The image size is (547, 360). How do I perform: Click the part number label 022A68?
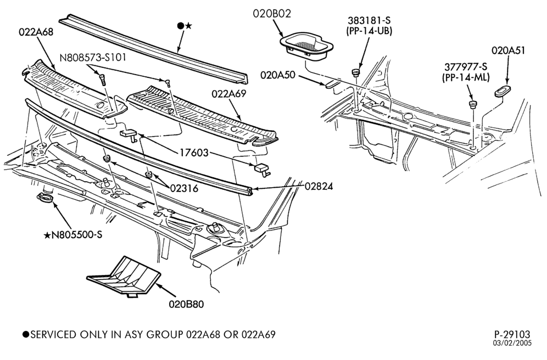(x=36, y=32)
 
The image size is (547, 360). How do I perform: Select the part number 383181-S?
(x=369, y=20)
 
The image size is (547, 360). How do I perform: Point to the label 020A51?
(x=508, y=50)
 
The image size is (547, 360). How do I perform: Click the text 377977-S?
(x=466, y=66)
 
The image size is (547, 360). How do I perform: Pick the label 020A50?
(x=278, y=75)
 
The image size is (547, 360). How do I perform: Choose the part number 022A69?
(x=229, y=94)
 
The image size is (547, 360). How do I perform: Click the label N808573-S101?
(x=93, y=57)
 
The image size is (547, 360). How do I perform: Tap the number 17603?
(x=194, y=153)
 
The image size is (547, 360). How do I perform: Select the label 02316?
(x=184, y=189)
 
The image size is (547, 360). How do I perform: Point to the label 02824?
(x=319, y=187)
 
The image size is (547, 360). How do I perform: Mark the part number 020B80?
(x=186, y=304)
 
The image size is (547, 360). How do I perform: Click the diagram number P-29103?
(x=512, y=335)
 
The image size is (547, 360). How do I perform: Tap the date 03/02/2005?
(x=512, y=344)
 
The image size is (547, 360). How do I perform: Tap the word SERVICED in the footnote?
(x=53, y=335)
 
